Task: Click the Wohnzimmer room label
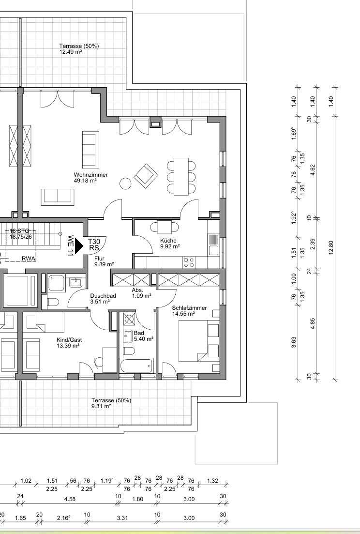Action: tap(91, 175)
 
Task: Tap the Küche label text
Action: tap(168, 241)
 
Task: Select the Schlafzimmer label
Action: tap(189, 308)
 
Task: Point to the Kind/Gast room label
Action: tap(69, 339)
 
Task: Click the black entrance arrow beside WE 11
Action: tap(79, 245)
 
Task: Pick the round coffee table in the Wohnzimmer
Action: tap(126, 183)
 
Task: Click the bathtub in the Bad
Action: tap(136, 366)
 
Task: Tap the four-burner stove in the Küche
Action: tap(189, 262)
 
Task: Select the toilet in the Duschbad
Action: tap(53, 302)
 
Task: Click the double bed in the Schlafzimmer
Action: tap(199, 340)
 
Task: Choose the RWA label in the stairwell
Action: tap(29, 259)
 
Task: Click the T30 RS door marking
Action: tap(94, 244)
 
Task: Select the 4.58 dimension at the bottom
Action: tap(70, 499)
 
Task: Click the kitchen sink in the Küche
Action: tap(214, 245)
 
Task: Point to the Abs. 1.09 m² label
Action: tap(142, 293)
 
